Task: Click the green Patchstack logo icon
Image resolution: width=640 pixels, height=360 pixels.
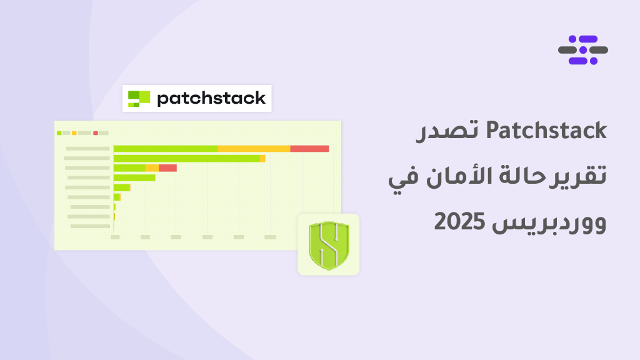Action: point(139,99)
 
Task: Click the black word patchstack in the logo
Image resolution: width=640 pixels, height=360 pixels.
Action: point(211,98)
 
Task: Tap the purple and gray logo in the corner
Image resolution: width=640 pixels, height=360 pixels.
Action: point(583,50)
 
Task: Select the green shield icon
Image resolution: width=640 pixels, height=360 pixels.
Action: point(329,245)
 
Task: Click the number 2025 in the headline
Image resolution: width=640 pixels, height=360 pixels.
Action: point(459,222)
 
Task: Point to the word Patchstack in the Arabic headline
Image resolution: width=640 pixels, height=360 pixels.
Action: point(546,131)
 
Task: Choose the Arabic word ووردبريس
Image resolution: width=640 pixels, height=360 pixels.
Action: point(549,223)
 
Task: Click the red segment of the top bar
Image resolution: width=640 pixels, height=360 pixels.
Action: point(309,149)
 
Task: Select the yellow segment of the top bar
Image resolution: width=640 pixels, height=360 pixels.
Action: point(254,149)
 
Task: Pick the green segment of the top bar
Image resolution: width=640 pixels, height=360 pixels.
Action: point(165,149)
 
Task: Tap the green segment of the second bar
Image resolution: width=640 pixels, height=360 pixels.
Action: point(186,158)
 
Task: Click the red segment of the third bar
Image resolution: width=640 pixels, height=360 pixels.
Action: point(167,168)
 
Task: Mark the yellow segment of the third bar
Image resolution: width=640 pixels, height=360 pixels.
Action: point(152,168)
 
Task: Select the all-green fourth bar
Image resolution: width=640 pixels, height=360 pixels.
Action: point(134,178)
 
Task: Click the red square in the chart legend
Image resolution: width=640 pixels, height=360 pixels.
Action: point(96,133)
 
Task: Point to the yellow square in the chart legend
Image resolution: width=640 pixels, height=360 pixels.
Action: point(74,133)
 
